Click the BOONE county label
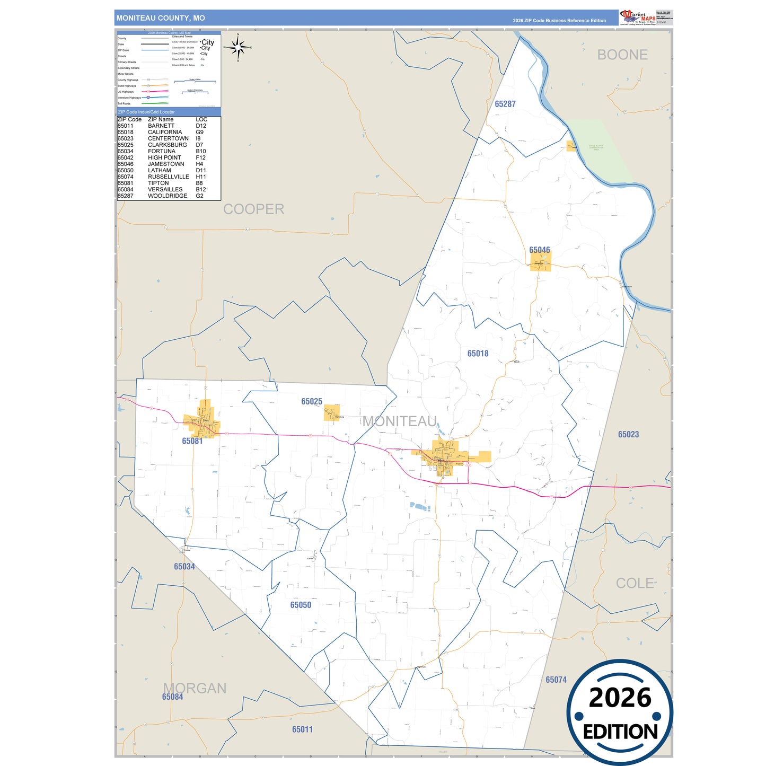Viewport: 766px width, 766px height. (622, 55)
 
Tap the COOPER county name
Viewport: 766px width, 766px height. (253, 209)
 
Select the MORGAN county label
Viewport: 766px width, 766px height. (195, 688)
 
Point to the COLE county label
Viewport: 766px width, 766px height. (635, 583)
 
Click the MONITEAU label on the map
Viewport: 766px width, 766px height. (400, 421)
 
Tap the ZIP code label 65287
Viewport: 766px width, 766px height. (505, 104)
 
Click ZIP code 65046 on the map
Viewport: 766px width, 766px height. (539, 250)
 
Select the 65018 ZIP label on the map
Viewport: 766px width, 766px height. (478, 354)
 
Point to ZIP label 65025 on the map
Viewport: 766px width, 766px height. (311, 402)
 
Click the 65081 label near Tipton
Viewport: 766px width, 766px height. (192, 441)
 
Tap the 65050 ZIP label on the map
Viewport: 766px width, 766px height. (300, 605)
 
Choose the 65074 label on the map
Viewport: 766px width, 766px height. (556, 680)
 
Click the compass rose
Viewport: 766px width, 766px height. (238, 48)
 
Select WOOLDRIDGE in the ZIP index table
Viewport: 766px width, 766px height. (167, 196)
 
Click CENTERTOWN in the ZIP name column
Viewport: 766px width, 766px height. (168, 138)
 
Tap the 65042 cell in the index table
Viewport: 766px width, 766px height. (126, 157)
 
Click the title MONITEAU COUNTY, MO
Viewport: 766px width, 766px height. (161, 18)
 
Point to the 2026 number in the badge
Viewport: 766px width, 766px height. (620, 698)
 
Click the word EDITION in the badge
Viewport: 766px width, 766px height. (620, 732)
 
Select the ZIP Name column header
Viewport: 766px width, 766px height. (161, 119)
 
